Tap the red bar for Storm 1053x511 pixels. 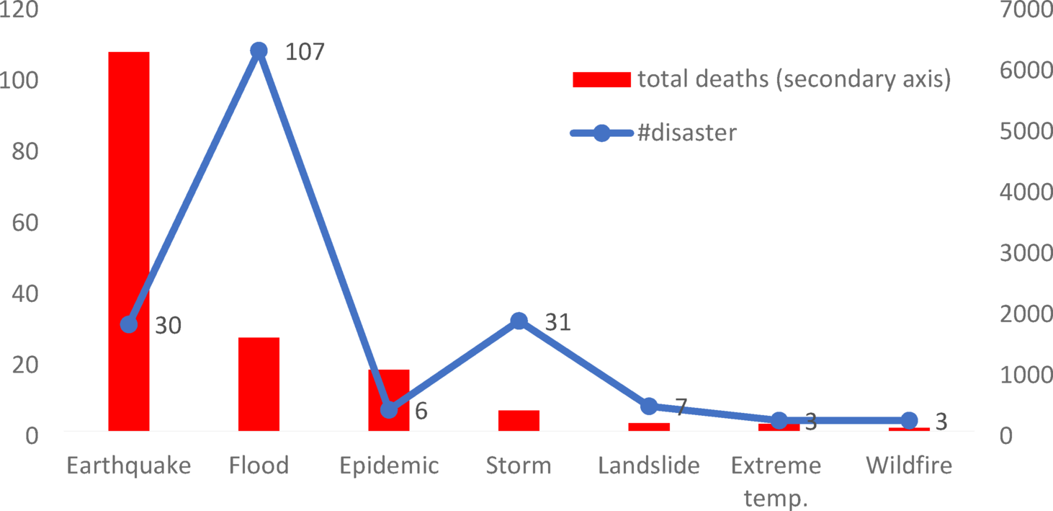(x=519, y=420)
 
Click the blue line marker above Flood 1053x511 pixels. (x=259, y=50)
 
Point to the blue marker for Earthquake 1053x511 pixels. (x=129, y=324)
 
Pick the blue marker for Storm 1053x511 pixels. (x=519, y=321)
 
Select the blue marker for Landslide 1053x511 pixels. (x=649, y=406)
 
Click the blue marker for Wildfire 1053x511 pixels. (x=909, y=420)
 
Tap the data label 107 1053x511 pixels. (x=305, y=52)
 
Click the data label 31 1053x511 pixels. (x=557, y=322)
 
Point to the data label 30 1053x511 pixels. (x=168, y=326)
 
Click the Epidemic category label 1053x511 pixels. (x=389, y=466)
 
